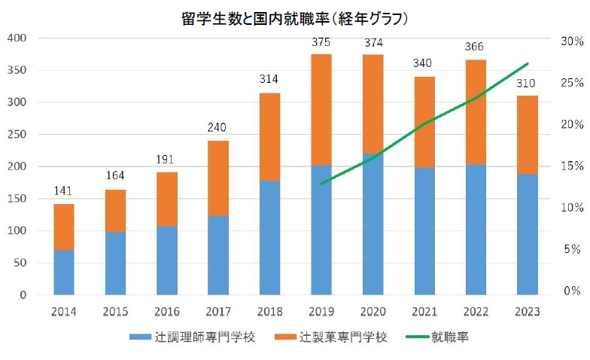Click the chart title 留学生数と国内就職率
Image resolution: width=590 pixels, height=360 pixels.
coord(294,16)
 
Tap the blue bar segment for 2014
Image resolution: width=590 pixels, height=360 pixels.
coord(64,272)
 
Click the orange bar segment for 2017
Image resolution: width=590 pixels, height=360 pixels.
coord(218,178)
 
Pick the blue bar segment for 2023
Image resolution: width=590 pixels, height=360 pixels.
coord(527,234)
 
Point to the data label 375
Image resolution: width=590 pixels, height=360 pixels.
coord(321,42)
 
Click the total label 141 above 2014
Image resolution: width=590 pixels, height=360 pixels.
coord(64,191)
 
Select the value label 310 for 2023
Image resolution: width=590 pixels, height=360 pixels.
coord(527,84)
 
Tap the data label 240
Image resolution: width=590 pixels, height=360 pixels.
coord(218,128)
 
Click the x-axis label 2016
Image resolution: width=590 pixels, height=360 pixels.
coord(166,310)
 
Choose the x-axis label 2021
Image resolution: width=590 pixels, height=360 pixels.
coord(424,310)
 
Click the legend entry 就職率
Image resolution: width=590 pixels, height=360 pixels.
coord(451,337)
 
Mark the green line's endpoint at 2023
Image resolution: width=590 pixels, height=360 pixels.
coord(528,63)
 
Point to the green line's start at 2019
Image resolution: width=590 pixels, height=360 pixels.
coord(321,183)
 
